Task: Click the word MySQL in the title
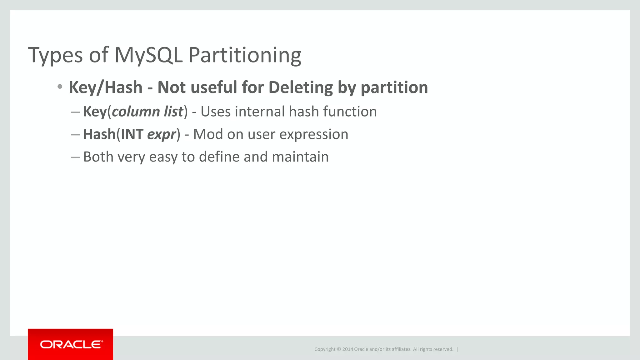(x=148, y=55)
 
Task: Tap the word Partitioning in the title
(x=245, y=55)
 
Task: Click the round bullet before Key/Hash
(x=60, y=87)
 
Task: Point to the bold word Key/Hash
(x=106, y=87)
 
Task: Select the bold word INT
(x=132, y=134)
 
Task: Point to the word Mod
(x=208, y=134)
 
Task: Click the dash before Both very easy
(x=75, y=157)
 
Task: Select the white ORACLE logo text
(x=71, y=344)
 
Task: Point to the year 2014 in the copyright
(x=347, y=349)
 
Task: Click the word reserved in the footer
(x=443, y=349)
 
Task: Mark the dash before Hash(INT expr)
(x=75, y=135)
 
